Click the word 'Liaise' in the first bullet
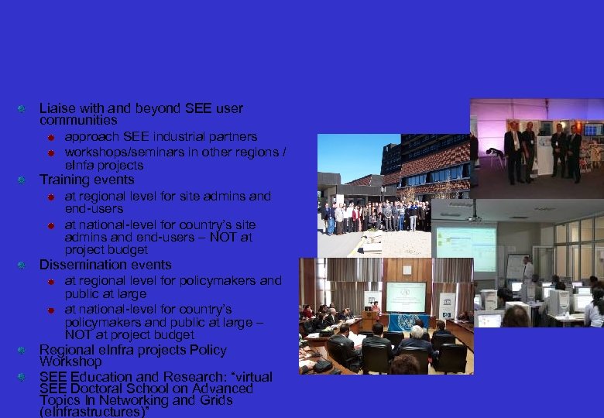[x=57, y=108]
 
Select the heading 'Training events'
[x=87, y=180]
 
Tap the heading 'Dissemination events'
[x=105, y=265]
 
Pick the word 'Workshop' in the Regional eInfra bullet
[x=70, y=361]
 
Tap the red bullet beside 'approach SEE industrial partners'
[x=48, y=137]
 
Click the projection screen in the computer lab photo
[x=465, y=248]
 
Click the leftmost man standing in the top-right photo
[x=513, y=151]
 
